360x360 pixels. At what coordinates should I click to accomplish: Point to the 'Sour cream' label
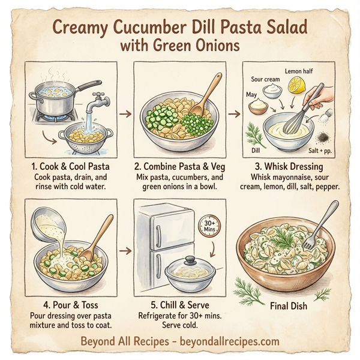(x=266, y=79)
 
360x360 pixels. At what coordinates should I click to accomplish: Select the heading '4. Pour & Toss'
(x=67, y=301)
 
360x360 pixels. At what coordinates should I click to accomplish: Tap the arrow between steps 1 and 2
(x=125, y=113)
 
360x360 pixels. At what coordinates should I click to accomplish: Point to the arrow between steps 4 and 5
(x=125, y=247)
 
